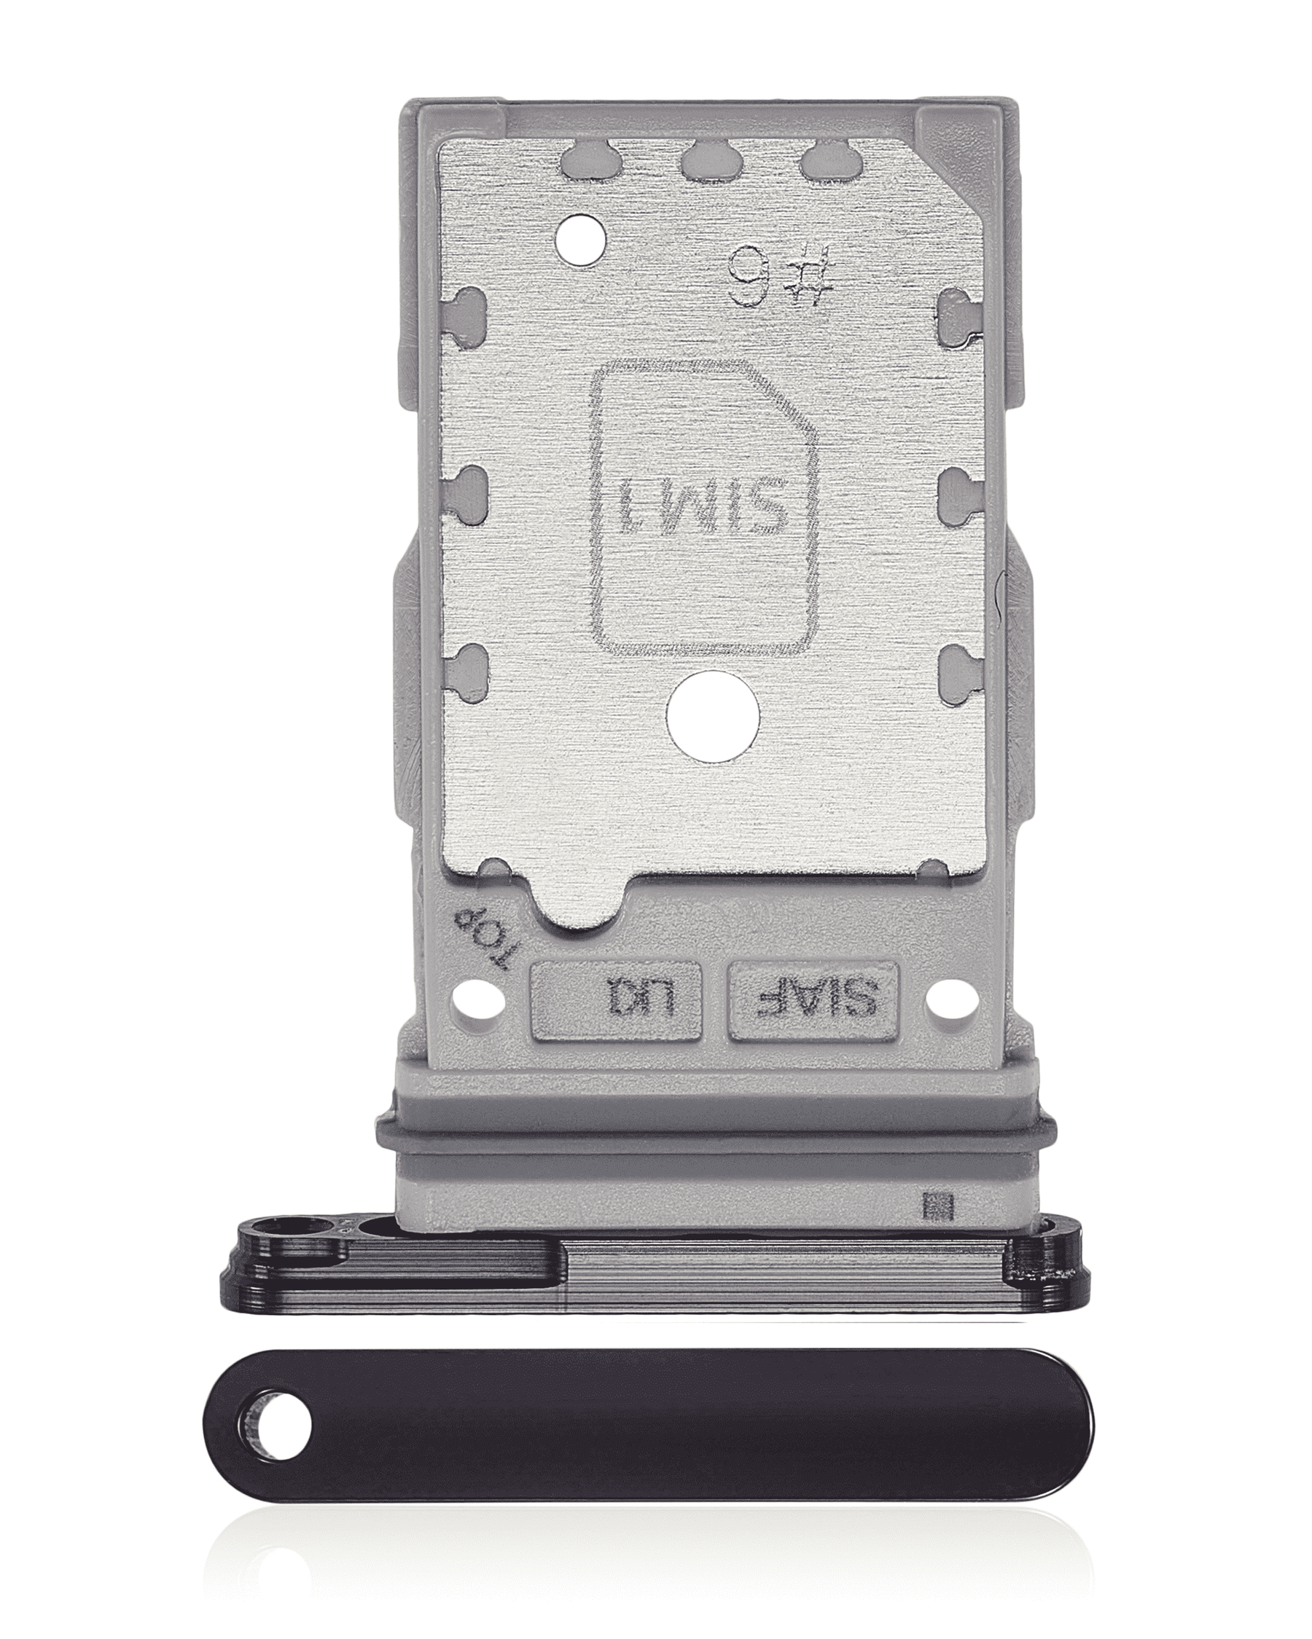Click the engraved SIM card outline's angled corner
pos(792,396)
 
